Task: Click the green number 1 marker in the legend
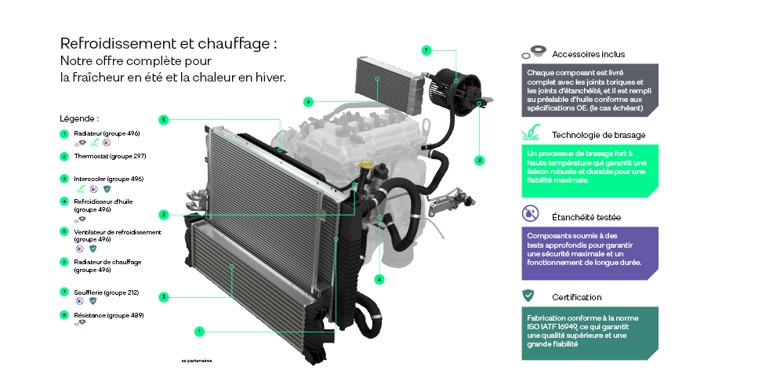point(64,134)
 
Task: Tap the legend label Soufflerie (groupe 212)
point(106,292)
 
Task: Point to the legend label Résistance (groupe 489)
point(108,314)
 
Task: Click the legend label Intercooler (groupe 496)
point(108,179)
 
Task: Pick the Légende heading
point(79,118)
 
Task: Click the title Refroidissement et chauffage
point(169,44)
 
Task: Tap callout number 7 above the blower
point(426,50)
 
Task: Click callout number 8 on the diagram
point(480,160)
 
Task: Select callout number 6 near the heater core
point(309,101)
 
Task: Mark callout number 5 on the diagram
point(163,120)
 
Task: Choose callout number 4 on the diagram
point(379,278)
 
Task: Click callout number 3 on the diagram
point(163,296)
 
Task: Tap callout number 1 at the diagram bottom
point(200,332)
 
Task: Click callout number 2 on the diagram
point(163,214)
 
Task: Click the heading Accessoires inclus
point(588,54)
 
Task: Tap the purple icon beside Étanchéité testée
point(530,212)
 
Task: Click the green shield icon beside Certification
point(528,296)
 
